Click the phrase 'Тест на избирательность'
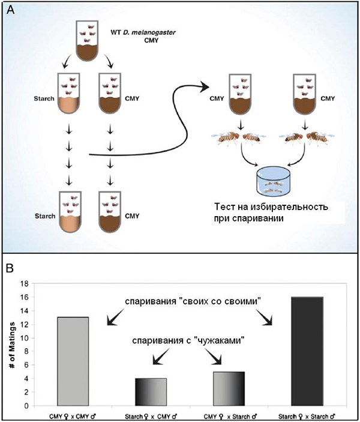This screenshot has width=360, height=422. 271,208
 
